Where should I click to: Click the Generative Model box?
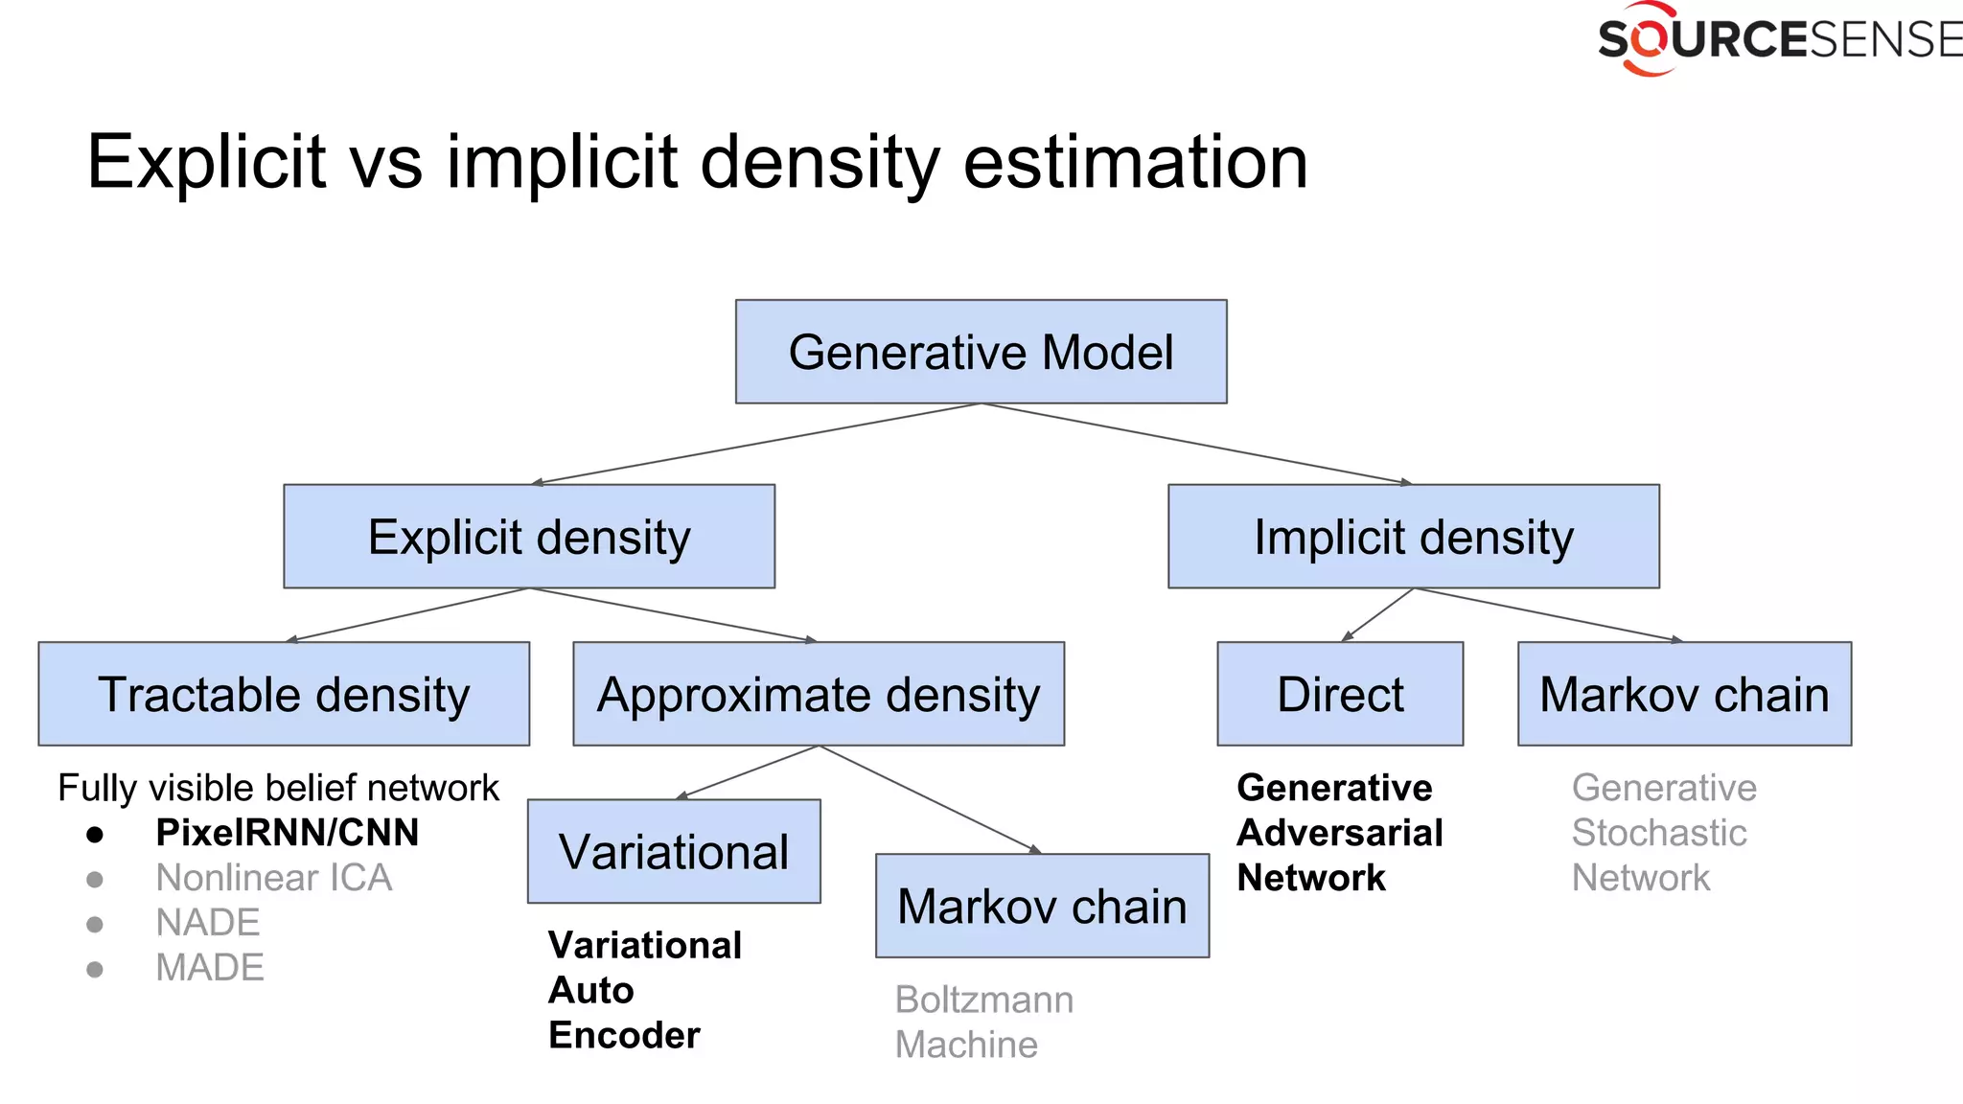(x=981, y=352)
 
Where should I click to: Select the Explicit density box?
(x=529, y=537)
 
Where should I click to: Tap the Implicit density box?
(x=1413, y=537)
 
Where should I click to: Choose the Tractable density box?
(x=284, y=694)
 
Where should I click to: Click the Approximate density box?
(x=818, y=694)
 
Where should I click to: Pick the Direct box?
(x=1340, y=694)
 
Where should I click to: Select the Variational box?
(x=674, y=851)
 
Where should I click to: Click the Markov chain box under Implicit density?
(x=1684, y=694)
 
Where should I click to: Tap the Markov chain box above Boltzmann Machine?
(x=1042, y=906)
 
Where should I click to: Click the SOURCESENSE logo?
(x=1778, y=40)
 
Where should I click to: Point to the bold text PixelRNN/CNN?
(x=287, y=833)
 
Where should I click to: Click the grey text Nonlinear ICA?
(x=273, y=878)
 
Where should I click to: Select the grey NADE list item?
(x=207, y=923)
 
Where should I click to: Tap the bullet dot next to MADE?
(x=94, y=969)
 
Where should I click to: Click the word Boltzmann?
(x=983, y=1000)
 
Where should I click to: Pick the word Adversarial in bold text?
(x=1339, y=833)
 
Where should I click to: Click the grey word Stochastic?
(x=1658, y=833)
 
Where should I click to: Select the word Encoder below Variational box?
(x=624, y=1035)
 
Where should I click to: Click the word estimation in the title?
(x=1135, y=162)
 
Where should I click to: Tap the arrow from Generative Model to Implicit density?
(x=1198, y=444)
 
